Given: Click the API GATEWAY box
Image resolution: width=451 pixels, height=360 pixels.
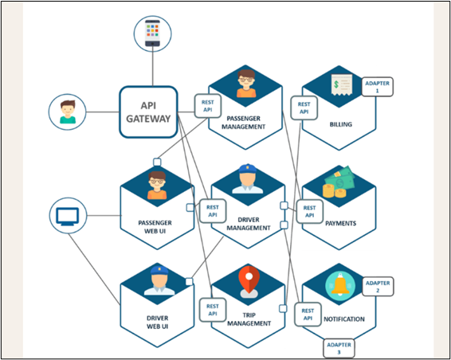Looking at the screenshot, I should tap(149, 112).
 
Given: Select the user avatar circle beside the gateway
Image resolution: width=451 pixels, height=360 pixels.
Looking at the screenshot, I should tap(67, 112).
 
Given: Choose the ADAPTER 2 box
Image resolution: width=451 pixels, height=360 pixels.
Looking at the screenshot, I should tap(378, 287).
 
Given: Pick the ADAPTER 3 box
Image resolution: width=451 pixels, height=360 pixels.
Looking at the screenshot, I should tap(343, 347).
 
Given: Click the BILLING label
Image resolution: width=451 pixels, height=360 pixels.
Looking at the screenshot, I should tap(340, 125).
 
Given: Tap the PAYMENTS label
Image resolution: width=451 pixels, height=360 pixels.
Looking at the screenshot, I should tap(340, 224).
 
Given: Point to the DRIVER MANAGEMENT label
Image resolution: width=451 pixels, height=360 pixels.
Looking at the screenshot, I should tap(244, 223).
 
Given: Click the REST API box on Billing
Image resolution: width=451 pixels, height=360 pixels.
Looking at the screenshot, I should tap(304, 107).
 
